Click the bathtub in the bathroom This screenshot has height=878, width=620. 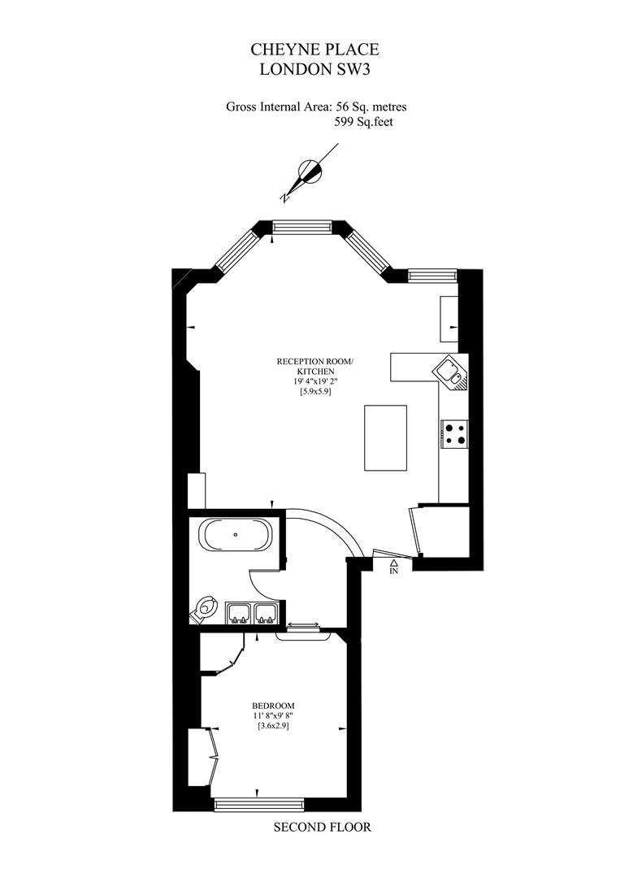(237, 535)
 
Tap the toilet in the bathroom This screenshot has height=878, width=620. (204, 609)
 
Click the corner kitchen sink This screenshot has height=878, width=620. (452, 372)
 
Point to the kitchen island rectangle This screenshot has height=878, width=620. (385, 438)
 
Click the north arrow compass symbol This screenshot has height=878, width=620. (310, 171)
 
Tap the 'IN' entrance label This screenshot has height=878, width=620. (394, 572)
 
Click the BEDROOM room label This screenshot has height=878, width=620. (273, 706)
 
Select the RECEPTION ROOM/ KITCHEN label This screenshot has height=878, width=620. (315, 367)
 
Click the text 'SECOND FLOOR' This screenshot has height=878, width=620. (323, 827)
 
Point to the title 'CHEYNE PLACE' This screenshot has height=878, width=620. (314, 50)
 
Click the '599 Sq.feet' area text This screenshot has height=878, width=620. (364, 121)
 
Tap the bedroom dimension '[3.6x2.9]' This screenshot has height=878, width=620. (273, 726)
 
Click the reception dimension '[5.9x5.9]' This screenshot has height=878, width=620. (315, 392)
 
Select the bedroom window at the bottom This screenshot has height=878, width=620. (259, 805)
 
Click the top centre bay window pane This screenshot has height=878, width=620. (301, 227)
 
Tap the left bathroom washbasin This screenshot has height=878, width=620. (239, 613)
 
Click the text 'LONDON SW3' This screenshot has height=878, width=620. (314, 70)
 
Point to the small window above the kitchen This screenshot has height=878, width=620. (432, 275)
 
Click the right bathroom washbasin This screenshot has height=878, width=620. (265, 613)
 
